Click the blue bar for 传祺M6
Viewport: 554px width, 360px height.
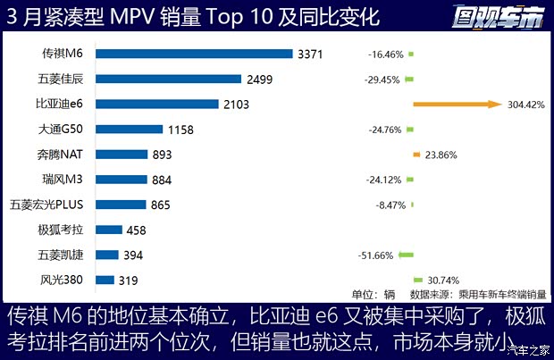click(194, 54)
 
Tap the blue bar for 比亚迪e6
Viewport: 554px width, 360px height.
click(156, 104)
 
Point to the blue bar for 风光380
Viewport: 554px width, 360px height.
click(105, 280)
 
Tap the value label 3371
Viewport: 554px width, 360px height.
click(310, 54)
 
